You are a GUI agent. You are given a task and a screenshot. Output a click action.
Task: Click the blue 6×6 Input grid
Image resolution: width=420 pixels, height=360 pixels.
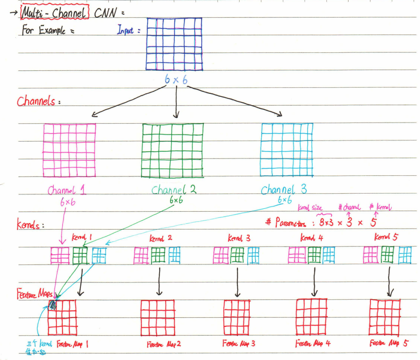174,44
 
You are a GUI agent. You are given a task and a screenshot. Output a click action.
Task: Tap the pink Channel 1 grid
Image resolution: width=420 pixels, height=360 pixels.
70,150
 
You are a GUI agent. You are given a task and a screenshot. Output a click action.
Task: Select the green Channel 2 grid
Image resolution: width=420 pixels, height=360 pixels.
173,150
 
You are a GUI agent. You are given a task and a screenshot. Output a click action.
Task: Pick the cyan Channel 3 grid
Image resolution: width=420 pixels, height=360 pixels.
286,150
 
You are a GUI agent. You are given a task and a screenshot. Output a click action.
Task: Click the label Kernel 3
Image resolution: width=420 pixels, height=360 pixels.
239,238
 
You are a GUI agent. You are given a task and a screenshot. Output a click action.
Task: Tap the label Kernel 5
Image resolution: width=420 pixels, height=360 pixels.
386,237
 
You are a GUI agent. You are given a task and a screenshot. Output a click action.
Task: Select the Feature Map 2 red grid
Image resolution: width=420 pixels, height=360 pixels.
158,318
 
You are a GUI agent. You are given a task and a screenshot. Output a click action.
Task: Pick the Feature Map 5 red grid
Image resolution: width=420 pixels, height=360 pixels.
385,317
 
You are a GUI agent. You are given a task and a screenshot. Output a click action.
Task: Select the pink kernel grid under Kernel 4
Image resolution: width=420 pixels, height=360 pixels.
297,255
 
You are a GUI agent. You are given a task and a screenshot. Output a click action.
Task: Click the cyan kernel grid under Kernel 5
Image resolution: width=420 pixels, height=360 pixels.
405,255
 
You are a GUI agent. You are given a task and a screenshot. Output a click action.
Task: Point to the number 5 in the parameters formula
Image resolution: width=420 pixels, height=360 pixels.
373,222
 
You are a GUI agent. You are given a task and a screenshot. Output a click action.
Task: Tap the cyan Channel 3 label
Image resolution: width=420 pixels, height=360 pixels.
284,190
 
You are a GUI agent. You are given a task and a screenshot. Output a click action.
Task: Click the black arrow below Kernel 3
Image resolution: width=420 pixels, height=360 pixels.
237,282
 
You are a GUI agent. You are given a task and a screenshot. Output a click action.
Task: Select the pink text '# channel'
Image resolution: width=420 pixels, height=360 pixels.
349,207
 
